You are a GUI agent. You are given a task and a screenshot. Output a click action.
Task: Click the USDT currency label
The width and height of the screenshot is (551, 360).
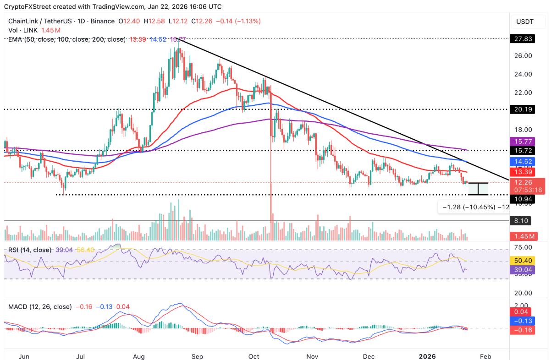(x=525, y=21)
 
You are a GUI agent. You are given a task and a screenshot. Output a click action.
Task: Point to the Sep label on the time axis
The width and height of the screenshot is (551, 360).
(x=197, y=356)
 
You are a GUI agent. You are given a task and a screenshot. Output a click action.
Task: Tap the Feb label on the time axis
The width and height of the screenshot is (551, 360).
(x=485, y=356)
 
